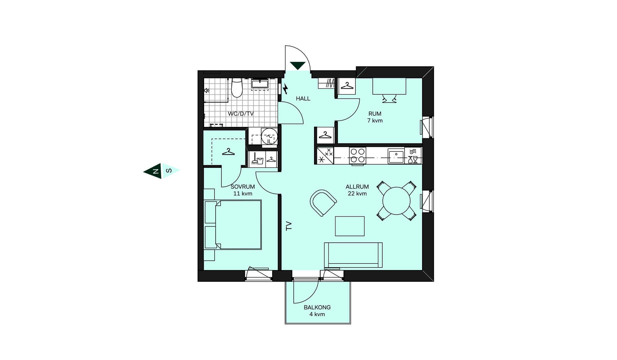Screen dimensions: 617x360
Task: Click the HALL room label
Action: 303,99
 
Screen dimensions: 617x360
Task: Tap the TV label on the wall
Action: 289,226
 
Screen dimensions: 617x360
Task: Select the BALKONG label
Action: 317,307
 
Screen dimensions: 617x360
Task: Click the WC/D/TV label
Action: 241,114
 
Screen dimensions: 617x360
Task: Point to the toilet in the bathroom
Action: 237,87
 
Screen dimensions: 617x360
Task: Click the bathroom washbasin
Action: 260,84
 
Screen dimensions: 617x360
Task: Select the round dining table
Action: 397,201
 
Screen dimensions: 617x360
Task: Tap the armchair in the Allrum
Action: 323,203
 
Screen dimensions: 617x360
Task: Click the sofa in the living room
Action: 353,255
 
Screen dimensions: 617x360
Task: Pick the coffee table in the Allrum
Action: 350,226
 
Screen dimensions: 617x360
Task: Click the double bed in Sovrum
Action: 233,225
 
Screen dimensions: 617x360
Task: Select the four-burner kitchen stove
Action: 357,156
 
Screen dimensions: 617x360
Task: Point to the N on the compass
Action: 156,171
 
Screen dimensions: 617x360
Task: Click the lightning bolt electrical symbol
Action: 285,89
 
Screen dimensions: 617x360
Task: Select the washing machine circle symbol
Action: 269,136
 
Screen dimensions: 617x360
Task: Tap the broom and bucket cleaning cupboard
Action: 257,159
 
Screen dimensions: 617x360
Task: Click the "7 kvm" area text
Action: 375,121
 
